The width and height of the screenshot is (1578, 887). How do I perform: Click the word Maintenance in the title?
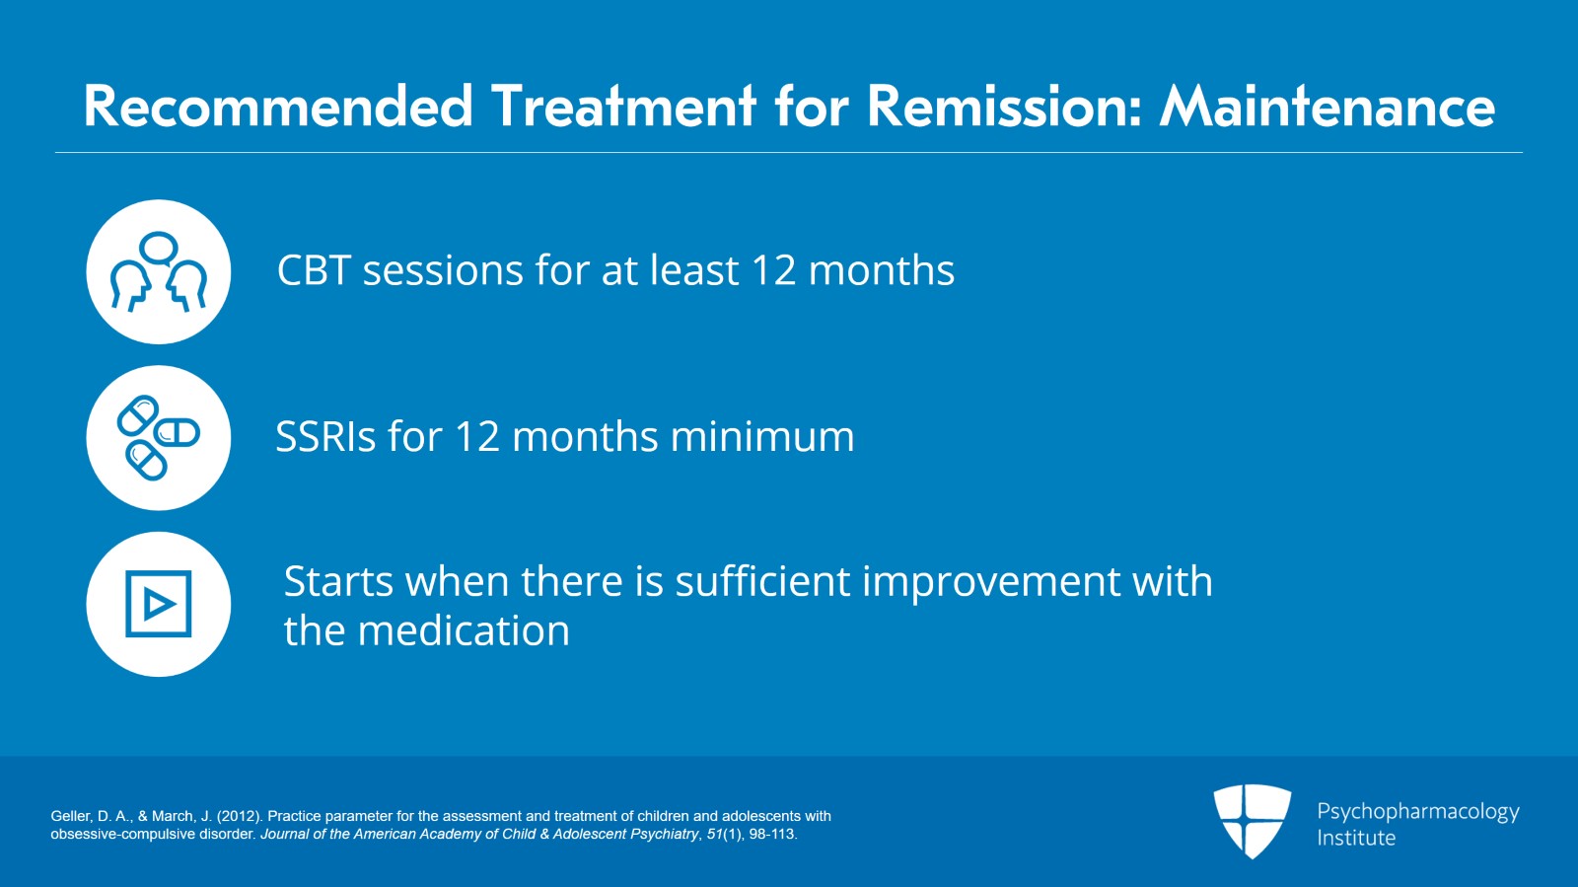(x=1327, y=107)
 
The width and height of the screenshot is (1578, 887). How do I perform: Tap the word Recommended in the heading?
(x=278, y=107)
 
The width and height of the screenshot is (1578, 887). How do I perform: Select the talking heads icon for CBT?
(x=159, y=272)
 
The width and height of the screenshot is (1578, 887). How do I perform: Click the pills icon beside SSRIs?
(x=159, y=438)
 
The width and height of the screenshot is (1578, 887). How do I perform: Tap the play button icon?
(x=159, y=604)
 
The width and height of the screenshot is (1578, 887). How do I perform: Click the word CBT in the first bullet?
(x=314, y=270)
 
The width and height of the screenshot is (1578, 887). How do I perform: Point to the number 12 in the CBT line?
(x=773, y=270)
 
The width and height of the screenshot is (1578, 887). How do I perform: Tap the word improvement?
(x=990, y=582)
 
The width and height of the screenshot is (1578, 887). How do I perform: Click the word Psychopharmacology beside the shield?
(x=1417, y=812)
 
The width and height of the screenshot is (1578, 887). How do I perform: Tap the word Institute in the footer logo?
(x=1355, y=839)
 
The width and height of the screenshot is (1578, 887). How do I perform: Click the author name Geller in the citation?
(x=70, y=817)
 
